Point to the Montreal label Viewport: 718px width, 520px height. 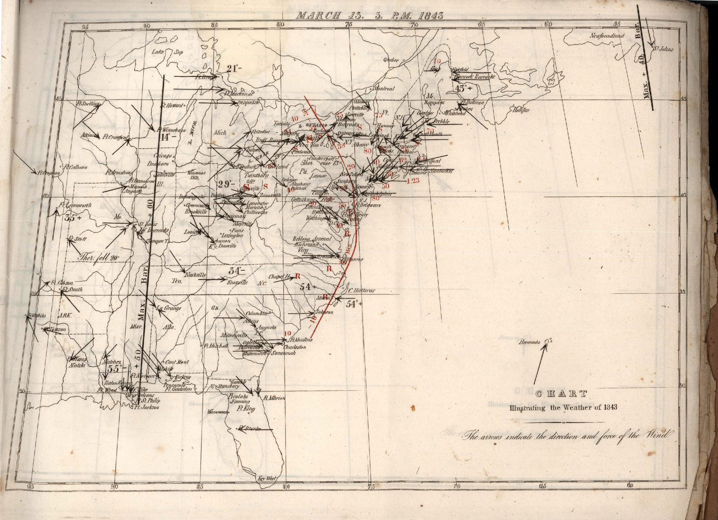pyautogui.click(x=384, y=89)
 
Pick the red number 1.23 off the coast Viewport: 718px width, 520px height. pyautogui.click(x=413, y=181)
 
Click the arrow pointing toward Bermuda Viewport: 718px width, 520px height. pyautogui.click(x=539, y=364)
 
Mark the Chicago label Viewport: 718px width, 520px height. pyautogui.click(x=163, y=156)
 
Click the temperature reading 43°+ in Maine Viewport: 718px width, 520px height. pyautogui.click(x=463, y=89)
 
